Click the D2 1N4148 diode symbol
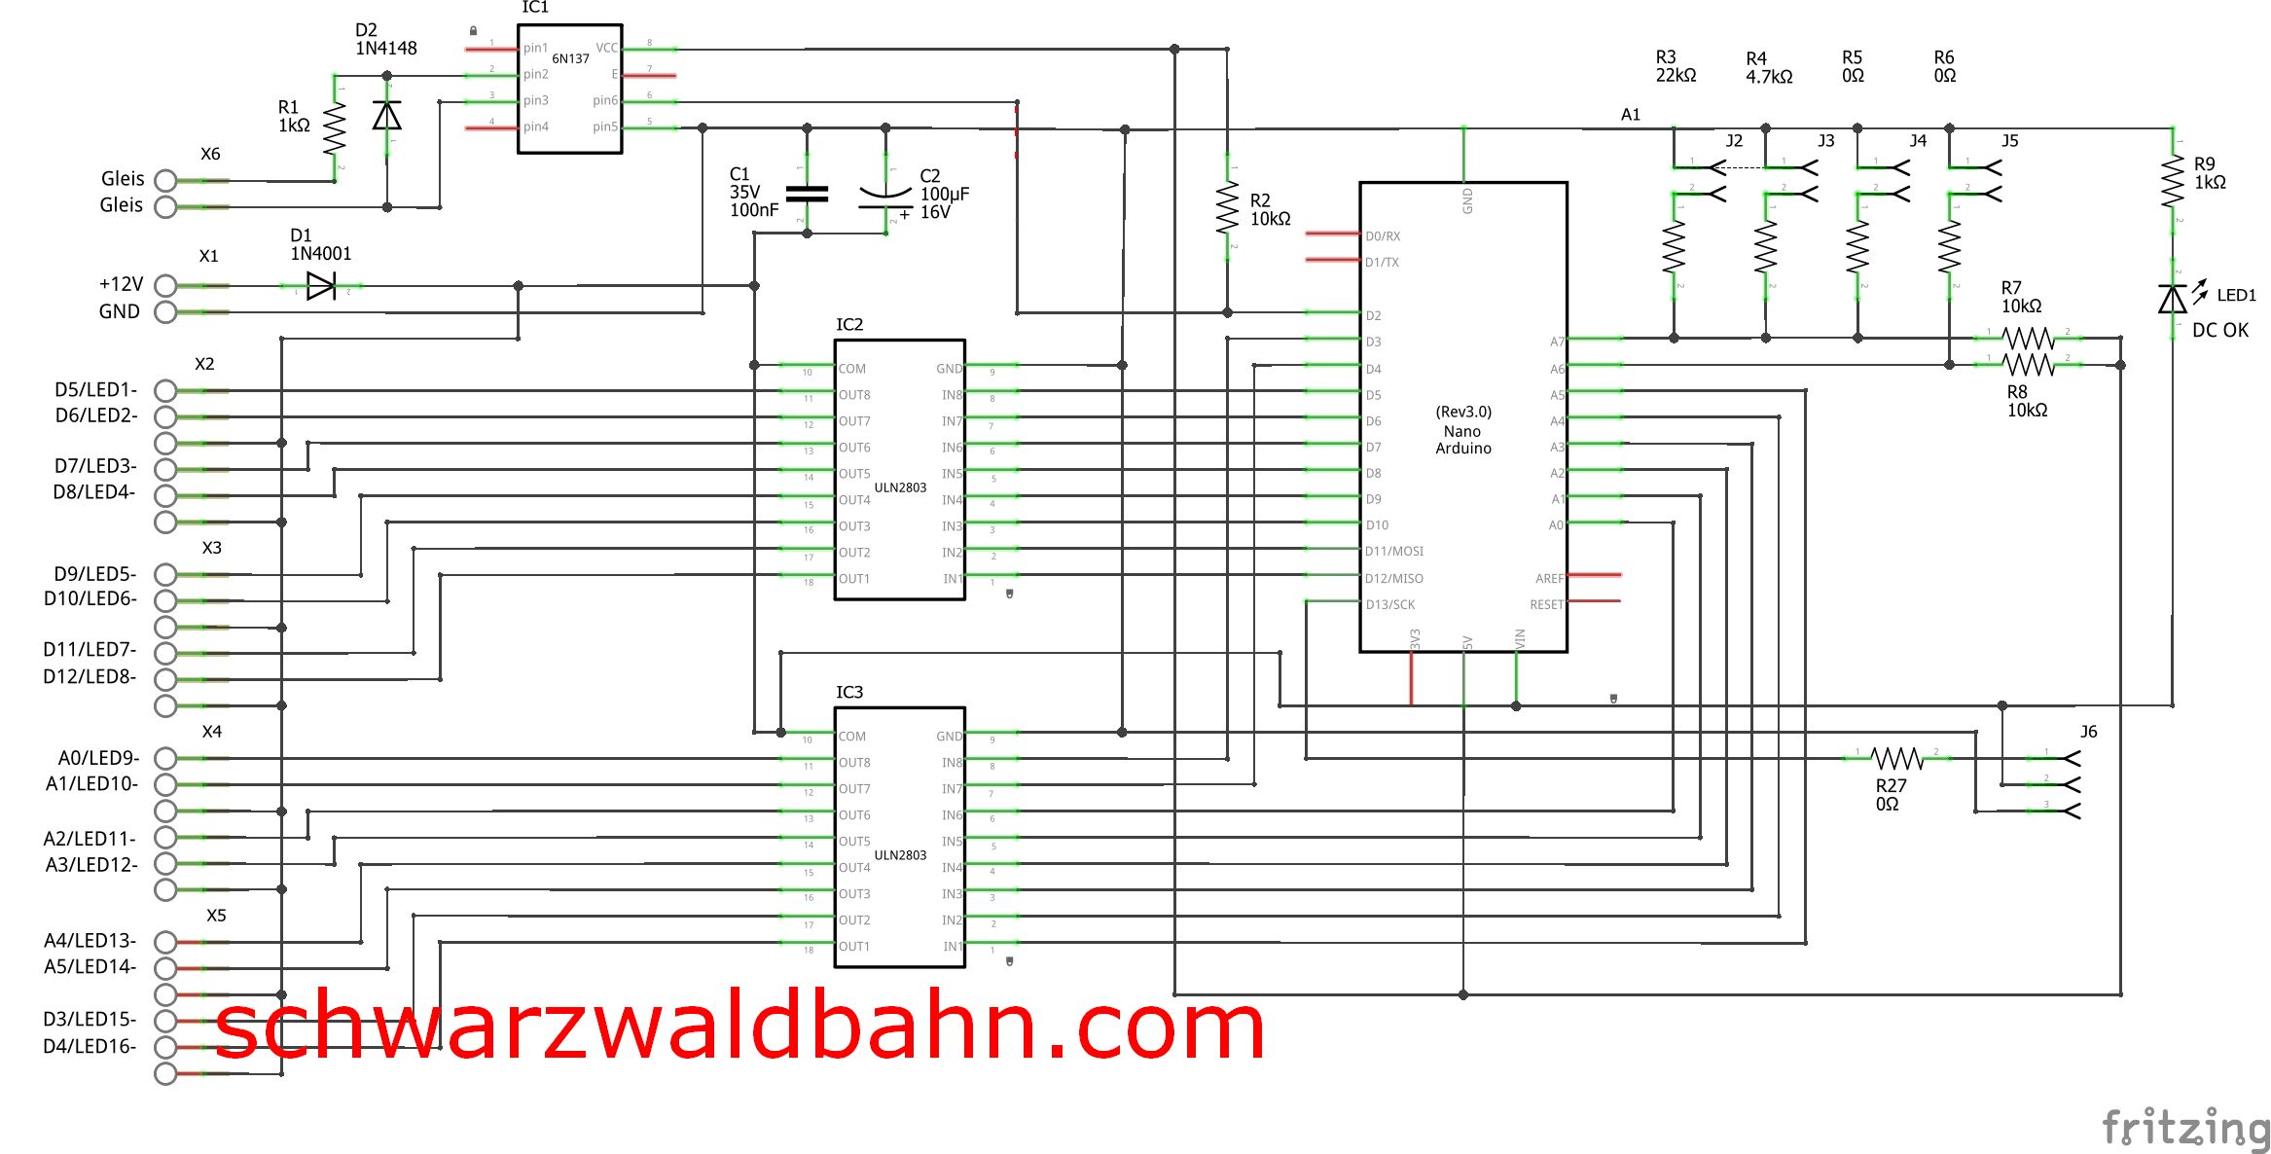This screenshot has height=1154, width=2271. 387,116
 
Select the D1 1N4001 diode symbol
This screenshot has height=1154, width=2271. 321,286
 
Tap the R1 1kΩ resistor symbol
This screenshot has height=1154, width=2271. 335,128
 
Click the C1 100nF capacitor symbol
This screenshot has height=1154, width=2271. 807,194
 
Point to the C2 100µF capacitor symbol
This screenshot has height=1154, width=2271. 885,198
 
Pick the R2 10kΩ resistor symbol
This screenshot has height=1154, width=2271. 1227,209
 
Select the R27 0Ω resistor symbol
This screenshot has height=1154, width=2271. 1897,758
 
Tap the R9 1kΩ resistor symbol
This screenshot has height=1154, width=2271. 2173,182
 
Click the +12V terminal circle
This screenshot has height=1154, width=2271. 165,286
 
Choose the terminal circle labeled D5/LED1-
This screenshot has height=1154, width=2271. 165,391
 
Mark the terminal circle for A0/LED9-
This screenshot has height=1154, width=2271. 165,758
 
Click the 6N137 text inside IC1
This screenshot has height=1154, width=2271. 570,58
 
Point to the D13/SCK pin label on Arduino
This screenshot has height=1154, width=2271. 1390,604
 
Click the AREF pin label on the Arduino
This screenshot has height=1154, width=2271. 1549,578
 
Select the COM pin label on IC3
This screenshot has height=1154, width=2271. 851,737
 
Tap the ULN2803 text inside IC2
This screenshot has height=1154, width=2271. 900,487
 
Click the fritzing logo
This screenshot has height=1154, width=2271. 2185,1129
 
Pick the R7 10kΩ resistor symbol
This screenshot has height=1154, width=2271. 2028,339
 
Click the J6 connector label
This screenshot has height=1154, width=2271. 2088,732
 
